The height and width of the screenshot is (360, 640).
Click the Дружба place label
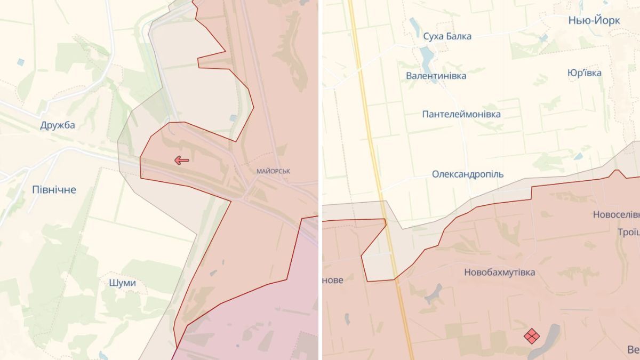(58, 125)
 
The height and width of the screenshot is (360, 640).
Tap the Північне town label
(54, 189)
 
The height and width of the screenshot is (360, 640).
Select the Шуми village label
(122, 283)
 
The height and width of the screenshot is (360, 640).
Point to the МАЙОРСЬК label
(274, 171)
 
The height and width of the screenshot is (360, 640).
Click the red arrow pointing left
(182, 160)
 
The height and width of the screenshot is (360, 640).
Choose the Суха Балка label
(447, 36)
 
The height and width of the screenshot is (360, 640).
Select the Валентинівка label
(436, 76)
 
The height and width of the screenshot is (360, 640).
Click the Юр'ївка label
(585, 73)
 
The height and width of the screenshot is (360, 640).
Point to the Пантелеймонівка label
(461, 114)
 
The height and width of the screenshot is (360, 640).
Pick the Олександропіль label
(467, 174)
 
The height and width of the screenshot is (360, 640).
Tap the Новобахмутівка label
(499, 272)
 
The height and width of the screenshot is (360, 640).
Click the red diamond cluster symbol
(531, 336)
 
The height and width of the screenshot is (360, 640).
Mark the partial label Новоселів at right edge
(616, 214)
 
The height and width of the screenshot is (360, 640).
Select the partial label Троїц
(628, 232)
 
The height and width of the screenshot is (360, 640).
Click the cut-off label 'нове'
(333, 279)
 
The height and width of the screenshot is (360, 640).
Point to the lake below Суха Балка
(426, 55)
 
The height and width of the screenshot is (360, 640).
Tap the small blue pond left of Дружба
(20, 62)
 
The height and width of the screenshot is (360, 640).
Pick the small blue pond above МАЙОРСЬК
(233, 118)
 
